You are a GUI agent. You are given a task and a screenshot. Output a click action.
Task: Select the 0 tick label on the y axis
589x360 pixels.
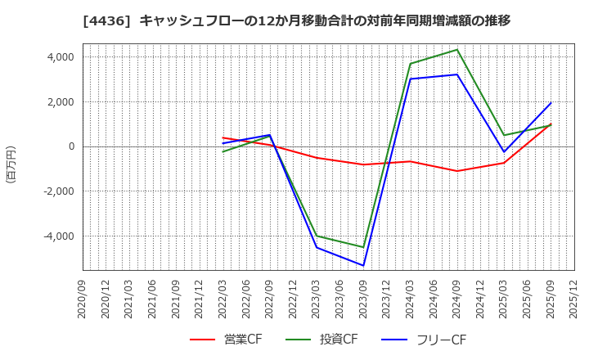(71, 147)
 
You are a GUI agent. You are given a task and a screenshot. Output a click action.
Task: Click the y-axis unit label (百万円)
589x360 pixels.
(11, 164)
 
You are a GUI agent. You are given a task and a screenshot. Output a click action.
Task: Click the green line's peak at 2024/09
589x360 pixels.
(457, 50)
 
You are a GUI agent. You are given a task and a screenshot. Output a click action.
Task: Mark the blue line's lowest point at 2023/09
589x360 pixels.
(363, 265)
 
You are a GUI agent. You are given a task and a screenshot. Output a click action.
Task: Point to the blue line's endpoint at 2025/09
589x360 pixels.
(551, 103)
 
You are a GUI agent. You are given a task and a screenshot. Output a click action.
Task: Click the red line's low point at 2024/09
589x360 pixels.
(457, 171)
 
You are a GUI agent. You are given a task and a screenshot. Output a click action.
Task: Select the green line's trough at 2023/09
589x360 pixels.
(363, 247)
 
